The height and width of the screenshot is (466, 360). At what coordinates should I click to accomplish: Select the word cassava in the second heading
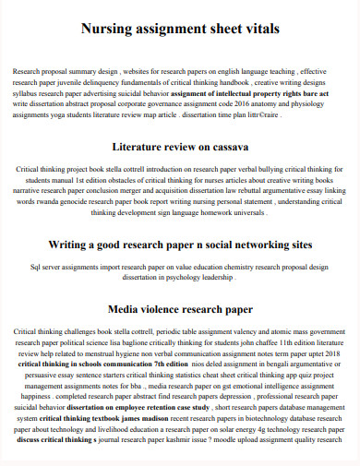pyautogui.click(x=226, y=147)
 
